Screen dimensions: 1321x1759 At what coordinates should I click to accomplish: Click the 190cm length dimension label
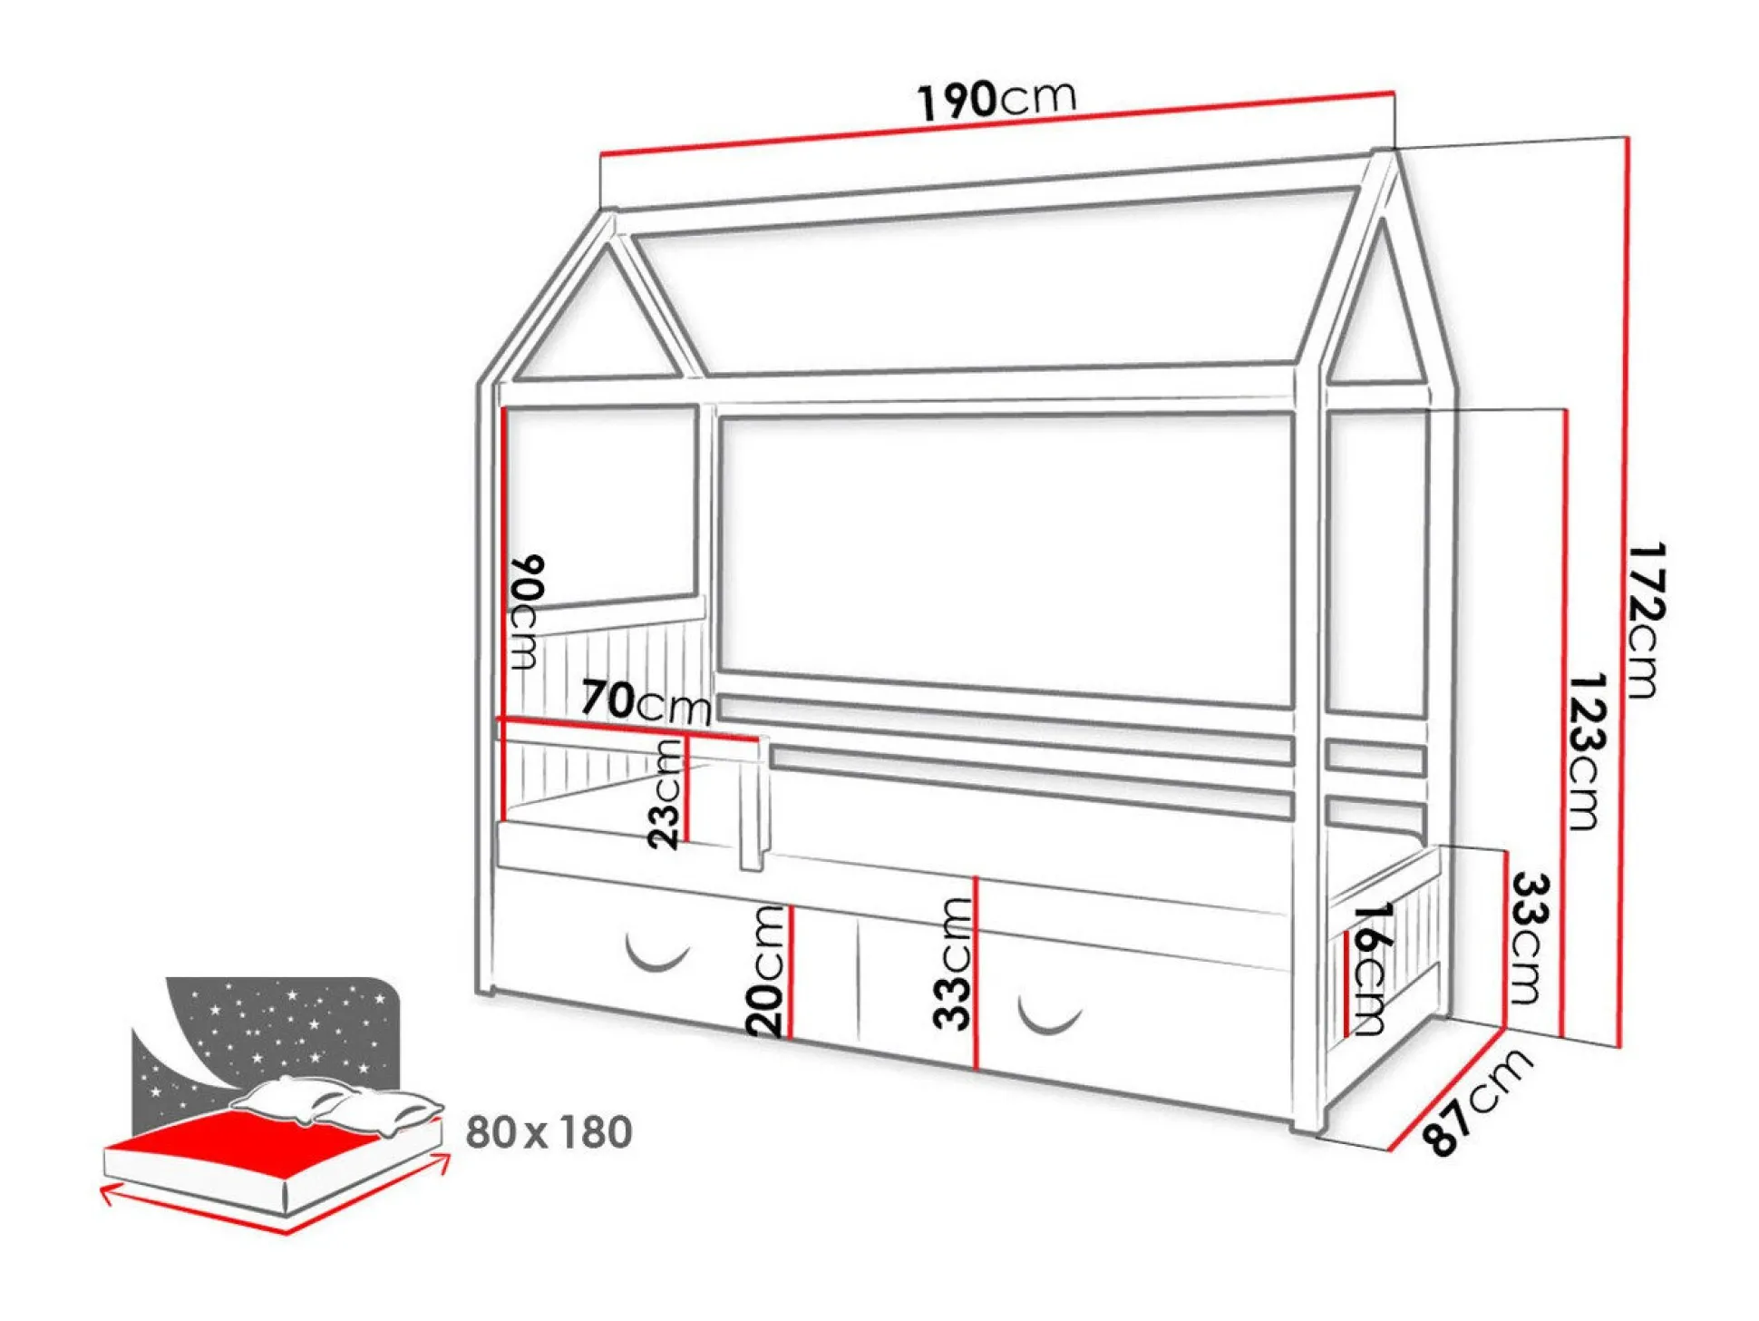click(997, 99)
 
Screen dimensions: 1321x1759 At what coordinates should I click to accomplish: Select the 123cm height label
click(1586, 751)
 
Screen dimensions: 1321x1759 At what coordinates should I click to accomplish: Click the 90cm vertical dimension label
click(527, 612)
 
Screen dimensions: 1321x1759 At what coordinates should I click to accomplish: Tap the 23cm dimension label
click(666, 793)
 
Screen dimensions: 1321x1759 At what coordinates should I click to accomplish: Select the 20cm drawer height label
click(765, 970)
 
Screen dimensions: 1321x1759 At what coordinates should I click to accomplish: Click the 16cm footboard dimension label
click(1369, 967)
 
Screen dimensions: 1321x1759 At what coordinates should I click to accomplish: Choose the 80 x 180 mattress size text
click(549, 1132)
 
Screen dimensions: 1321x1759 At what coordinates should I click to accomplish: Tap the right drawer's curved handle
click(1050, 1015)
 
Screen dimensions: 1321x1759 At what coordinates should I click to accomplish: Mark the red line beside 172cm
click(1624, 590)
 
